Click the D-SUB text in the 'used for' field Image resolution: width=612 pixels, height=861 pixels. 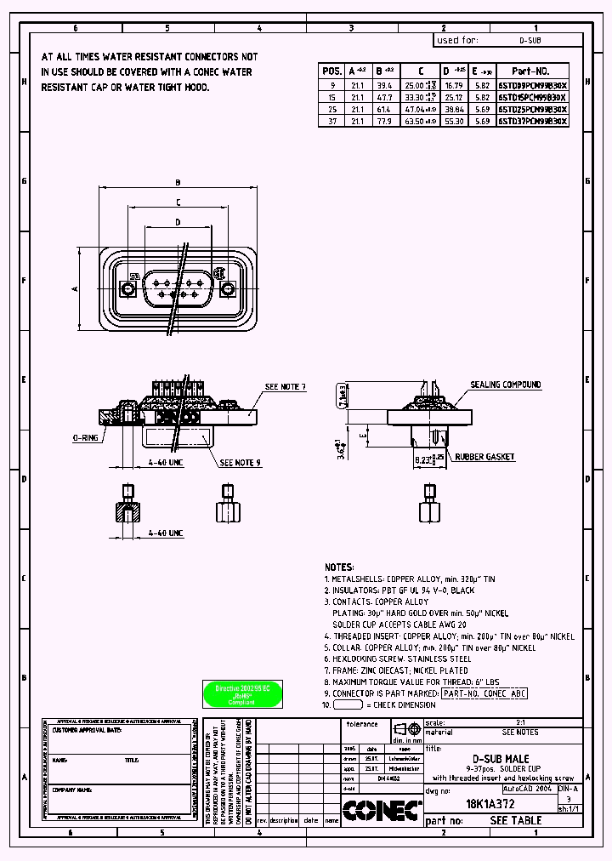point(530,40)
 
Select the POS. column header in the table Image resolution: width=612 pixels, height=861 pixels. point(332,71)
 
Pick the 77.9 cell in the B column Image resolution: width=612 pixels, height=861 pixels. point(383,122)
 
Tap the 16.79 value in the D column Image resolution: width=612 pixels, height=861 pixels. point(454,86)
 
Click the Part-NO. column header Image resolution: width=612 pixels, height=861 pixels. point(533,71)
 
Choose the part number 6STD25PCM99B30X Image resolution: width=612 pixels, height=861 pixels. point(533,110)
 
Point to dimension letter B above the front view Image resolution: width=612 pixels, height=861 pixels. point(178,182)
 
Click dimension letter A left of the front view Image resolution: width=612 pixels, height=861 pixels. point(75,289)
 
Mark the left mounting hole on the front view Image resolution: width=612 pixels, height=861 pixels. point(128,289)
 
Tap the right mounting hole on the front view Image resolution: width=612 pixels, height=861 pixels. point(228,289)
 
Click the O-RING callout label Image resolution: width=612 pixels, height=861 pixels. point(86,438)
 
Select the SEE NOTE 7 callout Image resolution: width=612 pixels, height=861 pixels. point(285,387)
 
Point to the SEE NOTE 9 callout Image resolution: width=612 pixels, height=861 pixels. point(241,463)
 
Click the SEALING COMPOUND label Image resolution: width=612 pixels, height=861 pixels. point(506,385)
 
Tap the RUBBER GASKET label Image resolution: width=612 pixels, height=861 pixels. point(484,457)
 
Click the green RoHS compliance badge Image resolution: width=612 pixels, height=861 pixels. point(243,693)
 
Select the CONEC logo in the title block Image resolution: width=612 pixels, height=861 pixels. point(382,811)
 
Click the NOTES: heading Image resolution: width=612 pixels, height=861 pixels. point(338,567)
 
